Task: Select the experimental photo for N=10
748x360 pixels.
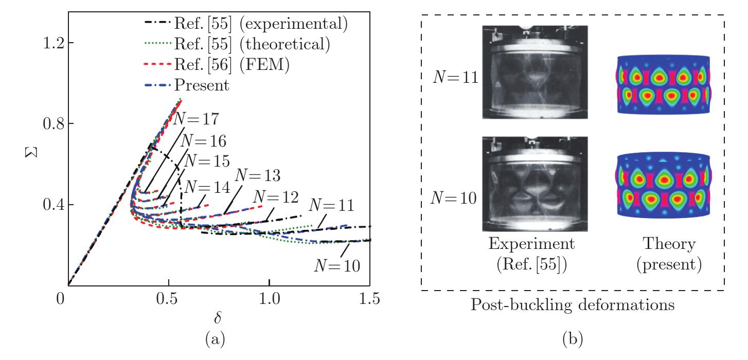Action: (x=535, y=184)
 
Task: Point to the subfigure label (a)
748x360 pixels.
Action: (x=215, y=339)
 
